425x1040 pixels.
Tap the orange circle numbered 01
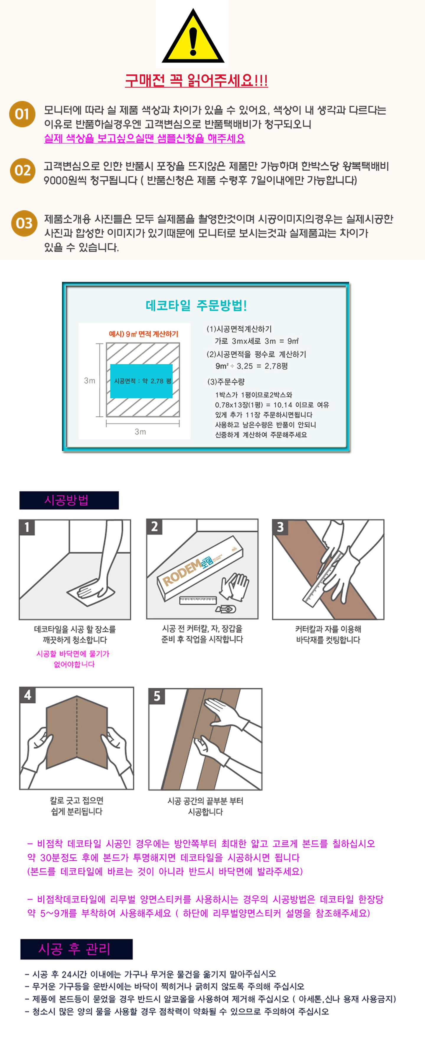[x=22, y=114]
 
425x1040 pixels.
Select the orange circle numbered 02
[x=23, y=171]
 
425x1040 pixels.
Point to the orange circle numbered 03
[x=24, y=223]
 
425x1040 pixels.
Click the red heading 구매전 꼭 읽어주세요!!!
[x=197, y=81]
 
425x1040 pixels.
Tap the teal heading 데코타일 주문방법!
[x=196, y=306]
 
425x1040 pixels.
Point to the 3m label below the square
[x=140, y=432]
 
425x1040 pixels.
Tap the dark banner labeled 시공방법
[x=69, y=500]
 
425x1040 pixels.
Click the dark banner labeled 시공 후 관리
[x=76, y=949]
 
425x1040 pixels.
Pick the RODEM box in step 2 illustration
[x=201, y=568]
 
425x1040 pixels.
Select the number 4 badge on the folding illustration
[x=27, y=695]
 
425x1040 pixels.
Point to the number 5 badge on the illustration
[x=157, y=696]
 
